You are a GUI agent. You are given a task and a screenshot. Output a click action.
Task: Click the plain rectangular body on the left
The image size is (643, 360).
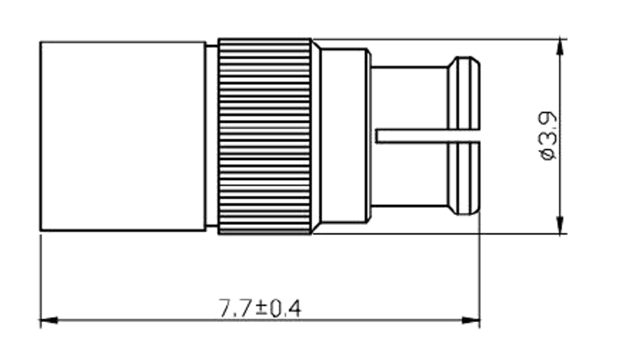pos(122,136)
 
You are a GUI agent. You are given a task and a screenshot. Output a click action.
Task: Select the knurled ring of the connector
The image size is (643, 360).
pos(265,136)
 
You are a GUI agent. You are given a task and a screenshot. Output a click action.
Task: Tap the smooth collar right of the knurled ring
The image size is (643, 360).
pos(345,136)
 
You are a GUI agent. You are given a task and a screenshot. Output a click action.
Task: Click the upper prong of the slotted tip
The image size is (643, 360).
pos(412,96)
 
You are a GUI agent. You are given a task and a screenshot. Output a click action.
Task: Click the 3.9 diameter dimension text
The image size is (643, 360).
pos(547,129)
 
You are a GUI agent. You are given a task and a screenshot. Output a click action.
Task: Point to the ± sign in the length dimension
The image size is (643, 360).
pos(261,309)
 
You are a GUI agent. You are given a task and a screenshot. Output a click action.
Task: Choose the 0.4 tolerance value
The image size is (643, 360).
pos(285,309)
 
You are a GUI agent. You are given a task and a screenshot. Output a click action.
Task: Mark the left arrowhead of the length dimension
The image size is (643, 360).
pos(49,319)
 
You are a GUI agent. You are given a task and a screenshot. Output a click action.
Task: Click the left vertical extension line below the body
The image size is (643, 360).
pos(41,276)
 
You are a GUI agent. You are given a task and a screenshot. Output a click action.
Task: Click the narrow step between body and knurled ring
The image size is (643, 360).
pos(212,136)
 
